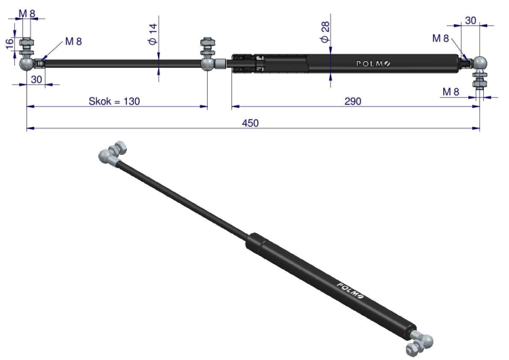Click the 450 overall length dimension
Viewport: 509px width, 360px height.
pyautogui.click(x=250, y=124)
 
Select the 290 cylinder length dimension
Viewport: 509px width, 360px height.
pyautogui.click(x=352, y=101)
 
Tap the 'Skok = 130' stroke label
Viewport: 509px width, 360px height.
pyautogui.click(x=114, y=101)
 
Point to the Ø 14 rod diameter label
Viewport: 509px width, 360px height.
pyautogui.click(x=153, y=34)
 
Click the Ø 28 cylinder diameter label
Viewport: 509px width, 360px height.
pyautogui.click(x=324, y=32)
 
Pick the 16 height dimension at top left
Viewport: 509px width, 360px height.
pyautogui.click(x=10, y=43)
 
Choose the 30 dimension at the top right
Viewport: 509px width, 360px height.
pyautogui.click(x=470, y=20)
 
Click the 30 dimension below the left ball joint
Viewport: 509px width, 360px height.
pyautogui.click(x=37, y=79)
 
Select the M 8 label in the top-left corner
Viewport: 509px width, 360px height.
pyautogui.click(x=26, y=14)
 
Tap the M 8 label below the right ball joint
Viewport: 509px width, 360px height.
pyautogui.click(x=451, y=92)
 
